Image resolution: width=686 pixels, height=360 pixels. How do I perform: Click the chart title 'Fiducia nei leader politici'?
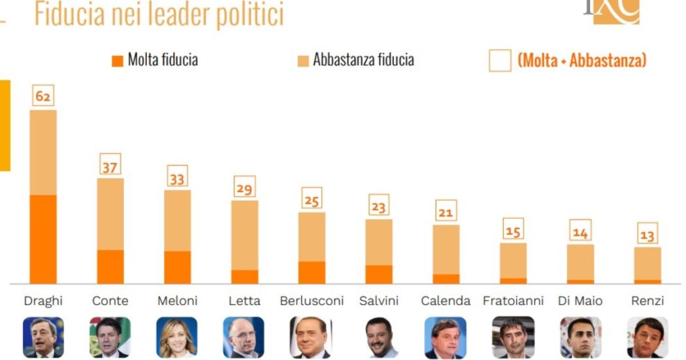point(159,14)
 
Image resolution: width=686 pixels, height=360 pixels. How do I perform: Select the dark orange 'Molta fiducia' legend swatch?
point(118,61)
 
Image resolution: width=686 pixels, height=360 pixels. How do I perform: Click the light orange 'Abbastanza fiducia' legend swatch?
point(302,61)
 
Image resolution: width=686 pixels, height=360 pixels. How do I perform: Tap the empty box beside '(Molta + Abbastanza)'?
point(500,61)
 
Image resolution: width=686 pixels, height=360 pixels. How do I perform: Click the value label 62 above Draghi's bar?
point(43,97)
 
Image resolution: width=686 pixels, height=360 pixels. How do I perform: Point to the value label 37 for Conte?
point(109,167)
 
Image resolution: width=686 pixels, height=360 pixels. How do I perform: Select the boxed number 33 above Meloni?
point(176,177)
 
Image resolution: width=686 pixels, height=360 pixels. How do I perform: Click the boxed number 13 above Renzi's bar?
point(647,235)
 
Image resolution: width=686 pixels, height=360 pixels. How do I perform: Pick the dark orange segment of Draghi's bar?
point(43,238)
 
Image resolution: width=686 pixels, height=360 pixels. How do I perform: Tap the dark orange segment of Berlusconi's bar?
point(312,272)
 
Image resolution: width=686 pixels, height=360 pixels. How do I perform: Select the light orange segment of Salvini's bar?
point(378,242)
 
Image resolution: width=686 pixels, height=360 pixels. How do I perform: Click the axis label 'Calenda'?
point(446,301)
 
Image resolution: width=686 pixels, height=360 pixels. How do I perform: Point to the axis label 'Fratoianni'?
point(513,301)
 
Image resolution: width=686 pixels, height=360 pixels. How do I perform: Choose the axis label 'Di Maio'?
point(580,301)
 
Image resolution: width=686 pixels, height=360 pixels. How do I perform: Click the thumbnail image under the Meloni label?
point(176,337)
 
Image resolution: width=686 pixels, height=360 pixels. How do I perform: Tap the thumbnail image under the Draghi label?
point(43,337)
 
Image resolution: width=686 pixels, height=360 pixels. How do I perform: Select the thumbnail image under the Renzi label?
point(647,337)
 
